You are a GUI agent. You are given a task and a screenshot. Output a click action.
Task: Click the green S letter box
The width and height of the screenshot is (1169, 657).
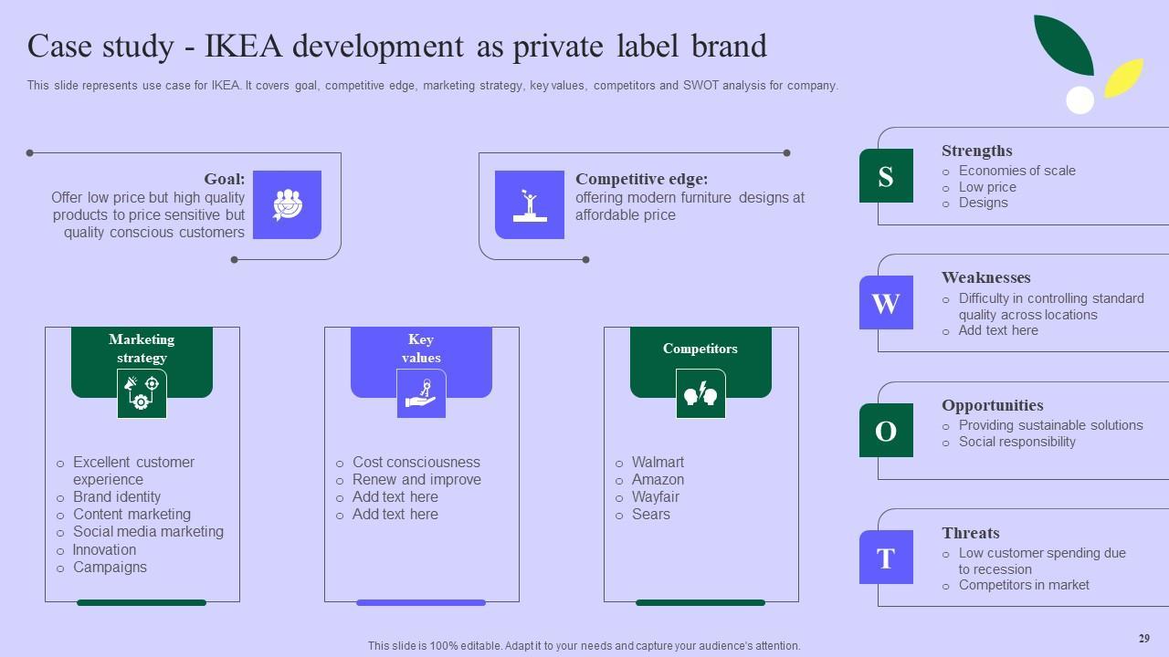886,176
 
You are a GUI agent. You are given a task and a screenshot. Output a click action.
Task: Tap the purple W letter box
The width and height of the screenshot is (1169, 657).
886,303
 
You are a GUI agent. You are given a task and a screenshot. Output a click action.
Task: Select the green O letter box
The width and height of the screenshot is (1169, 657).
886,431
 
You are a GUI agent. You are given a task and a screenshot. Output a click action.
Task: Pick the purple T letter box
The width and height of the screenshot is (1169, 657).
886,558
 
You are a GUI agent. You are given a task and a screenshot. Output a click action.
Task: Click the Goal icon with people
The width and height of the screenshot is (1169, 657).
287,204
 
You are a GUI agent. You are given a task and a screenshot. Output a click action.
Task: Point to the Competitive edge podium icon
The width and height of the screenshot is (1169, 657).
530,204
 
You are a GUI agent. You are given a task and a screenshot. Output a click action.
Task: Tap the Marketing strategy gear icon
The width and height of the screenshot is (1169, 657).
142,394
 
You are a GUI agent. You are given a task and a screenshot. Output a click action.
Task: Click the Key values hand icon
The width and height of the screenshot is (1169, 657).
421,394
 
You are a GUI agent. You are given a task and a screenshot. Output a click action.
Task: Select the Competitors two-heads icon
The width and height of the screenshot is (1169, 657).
700,394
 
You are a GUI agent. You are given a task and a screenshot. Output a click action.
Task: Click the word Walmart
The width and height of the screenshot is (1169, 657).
658,463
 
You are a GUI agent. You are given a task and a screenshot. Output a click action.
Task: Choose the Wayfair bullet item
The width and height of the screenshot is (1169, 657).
655,497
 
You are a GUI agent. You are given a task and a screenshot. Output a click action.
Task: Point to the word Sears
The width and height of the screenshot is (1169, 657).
650,515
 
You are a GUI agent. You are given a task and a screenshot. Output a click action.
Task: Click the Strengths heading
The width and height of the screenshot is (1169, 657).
976,151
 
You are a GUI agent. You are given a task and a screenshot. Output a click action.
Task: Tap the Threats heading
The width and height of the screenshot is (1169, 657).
970,533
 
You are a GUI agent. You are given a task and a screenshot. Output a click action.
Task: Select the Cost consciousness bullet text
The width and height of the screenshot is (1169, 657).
416,463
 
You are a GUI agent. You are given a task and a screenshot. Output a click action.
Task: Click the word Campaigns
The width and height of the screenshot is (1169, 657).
110,568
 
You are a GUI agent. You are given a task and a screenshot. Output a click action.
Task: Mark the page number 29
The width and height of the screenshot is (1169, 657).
1143,639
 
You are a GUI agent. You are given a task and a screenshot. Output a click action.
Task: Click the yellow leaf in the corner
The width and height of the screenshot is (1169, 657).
1124,78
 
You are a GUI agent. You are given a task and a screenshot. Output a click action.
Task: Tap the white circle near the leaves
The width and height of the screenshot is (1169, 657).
1079,100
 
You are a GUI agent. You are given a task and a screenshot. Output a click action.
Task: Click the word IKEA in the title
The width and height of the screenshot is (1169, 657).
245,46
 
